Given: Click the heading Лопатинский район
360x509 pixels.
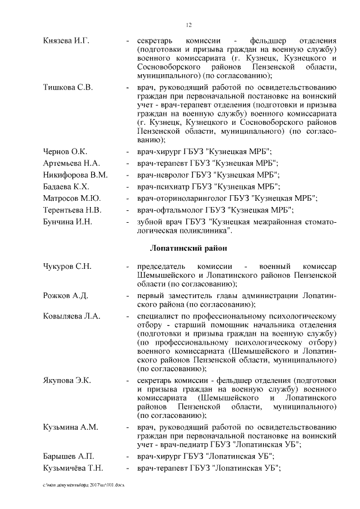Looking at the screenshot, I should pyautogui.click(x=189, y=248).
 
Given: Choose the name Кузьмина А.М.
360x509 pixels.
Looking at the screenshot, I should pyautogui.click(x=70, y=428).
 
